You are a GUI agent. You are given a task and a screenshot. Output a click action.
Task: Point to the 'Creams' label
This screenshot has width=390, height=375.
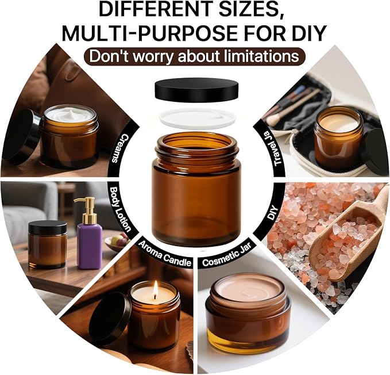(x=121, y=148)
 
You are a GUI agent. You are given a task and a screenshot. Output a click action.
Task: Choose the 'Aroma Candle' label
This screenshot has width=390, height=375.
(x=165, y=254)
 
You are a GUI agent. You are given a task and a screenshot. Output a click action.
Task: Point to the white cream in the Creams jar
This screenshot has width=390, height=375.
(x=70, y=114)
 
